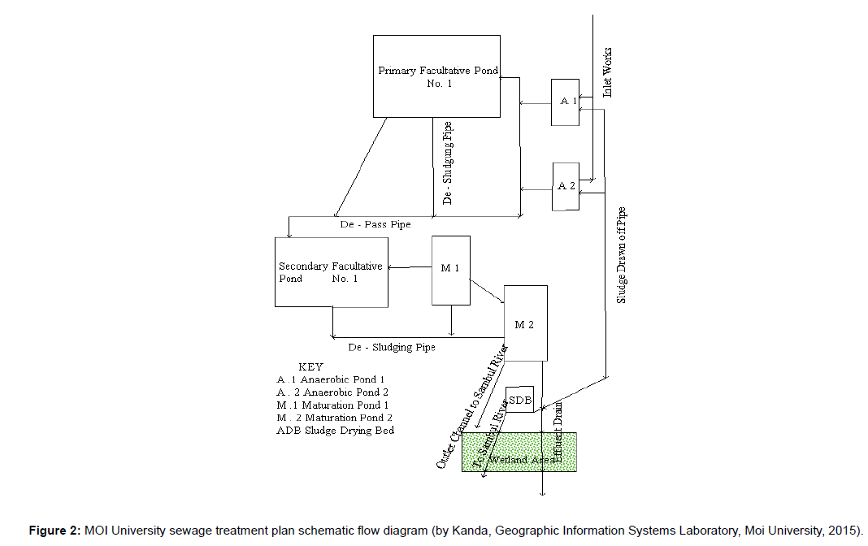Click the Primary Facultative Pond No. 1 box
[436, 76]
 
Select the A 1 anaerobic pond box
[565, 102]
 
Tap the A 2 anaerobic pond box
[566, 186]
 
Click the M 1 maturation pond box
[450, 270]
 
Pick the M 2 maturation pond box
[525, 323]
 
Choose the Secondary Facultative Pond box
[331, 272]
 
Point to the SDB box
[519, 400]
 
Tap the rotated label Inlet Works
[608, 73]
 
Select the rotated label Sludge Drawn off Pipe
[622, 255]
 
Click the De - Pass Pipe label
[375, 224]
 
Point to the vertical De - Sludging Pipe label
[448, 162]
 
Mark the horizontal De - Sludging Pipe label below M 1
[392, 348]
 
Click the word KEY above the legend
[311, 367]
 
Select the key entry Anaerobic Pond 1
[330, 379]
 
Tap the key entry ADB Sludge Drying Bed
[336, 431]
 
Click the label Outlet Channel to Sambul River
[471, 406]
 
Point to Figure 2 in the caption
[54, 531]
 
